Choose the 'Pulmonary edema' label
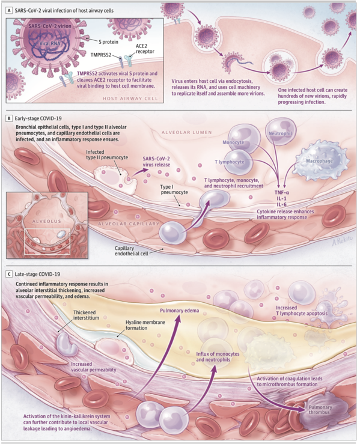coord(179,311)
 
